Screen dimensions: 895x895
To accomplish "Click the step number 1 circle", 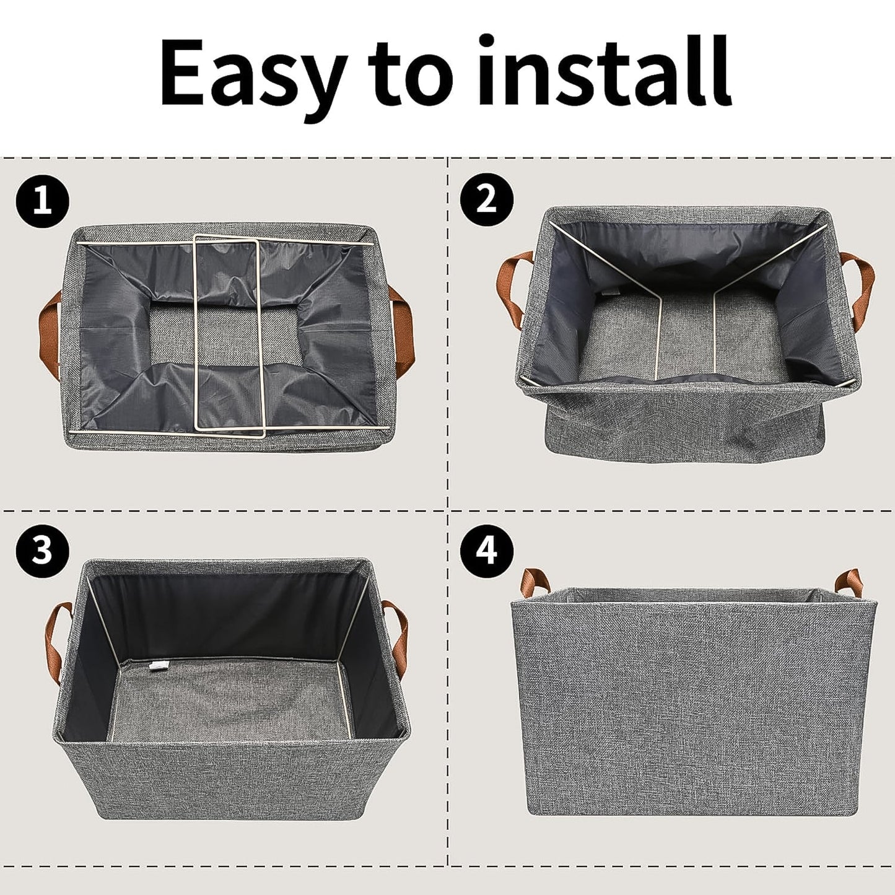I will [42, 202].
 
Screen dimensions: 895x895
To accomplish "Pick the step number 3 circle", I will [42, 549].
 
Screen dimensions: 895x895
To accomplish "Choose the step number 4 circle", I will [487, 549].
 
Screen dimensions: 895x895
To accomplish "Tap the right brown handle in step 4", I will [849, 582].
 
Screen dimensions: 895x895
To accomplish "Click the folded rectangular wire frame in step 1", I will [229, 334].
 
